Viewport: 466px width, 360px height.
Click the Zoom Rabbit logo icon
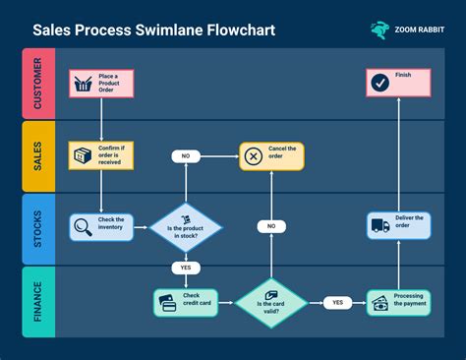(379, 30)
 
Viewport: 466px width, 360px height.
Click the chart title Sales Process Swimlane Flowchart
(153, 30)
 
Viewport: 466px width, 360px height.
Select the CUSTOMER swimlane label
(36, 84)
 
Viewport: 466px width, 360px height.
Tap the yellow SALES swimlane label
(36, 156)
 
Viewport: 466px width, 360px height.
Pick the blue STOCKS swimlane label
(36, 229)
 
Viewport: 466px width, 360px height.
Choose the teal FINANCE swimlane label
(36, 301)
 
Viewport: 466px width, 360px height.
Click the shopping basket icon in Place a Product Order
(84, 84)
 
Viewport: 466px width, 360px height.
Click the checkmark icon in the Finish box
(379, 84)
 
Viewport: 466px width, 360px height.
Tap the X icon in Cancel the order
(254, 155)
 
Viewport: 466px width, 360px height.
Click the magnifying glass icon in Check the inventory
(83, 228)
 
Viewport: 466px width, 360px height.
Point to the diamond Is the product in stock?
(185, 228)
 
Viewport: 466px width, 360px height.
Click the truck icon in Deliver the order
(380, 226)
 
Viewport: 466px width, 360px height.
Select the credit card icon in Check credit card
(168, 302)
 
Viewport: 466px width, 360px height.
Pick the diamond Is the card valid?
(271, 300)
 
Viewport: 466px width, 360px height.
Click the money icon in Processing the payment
(379, 303)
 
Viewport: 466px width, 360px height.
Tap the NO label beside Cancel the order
(185, 155)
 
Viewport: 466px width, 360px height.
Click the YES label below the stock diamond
(185, 267)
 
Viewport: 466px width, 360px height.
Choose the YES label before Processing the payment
(337, 302)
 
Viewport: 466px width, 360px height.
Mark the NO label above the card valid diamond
(271, 226)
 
